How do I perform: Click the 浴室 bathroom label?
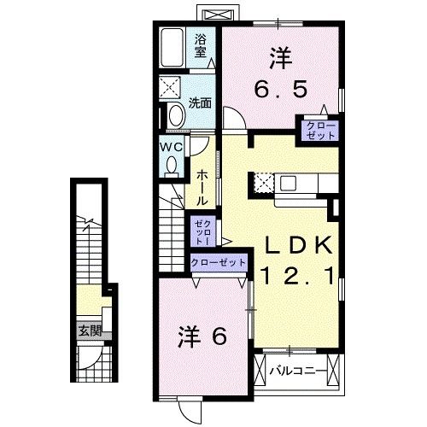[201, 44]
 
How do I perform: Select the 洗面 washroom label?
[200, 102]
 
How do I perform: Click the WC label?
[169, 146]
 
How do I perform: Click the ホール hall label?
[201, 186]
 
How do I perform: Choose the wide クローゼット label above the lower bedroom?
[218, 263]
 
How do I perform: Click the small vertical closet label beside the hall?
[199, 231]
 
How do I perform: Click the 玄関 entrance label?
[90, 330]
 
